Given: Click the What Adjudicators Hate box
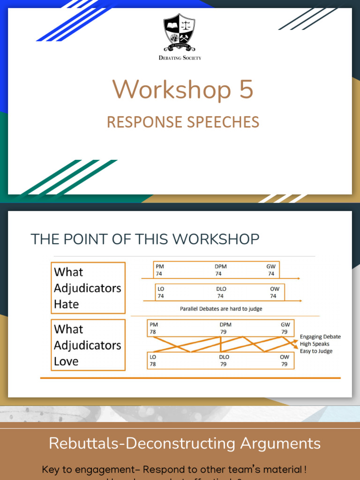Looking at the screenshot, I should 88,288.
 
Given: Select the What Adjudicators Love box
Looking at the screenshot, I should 88,345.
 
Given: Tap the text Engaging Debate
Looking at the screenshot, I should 320,337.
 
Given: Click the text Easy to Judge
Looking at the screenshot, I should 316,351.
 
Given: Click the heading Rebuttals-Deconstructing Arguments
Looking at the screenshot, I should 185,443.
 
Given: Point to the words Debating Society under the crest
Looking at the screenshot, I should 180,58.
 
